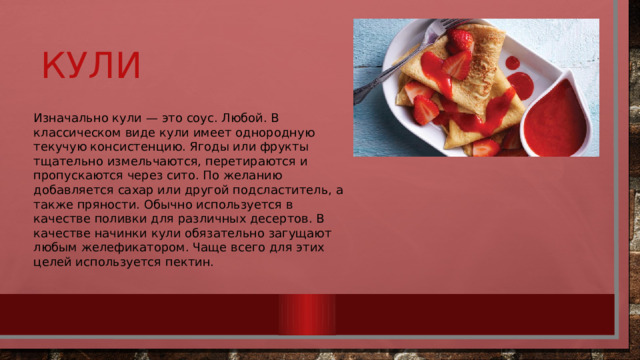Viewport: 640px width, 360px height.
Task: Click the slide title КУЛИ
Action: pos(91,67)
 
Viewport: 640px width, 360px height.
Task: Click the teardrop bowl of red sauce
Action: pos(555,118)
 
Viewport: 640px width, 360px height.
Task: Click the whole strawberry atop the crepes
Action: pos(461,40)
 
